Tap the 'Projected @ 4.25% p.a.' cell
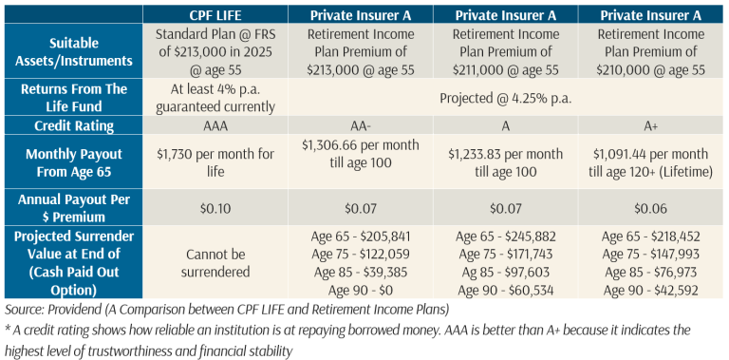pos(506,98)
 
